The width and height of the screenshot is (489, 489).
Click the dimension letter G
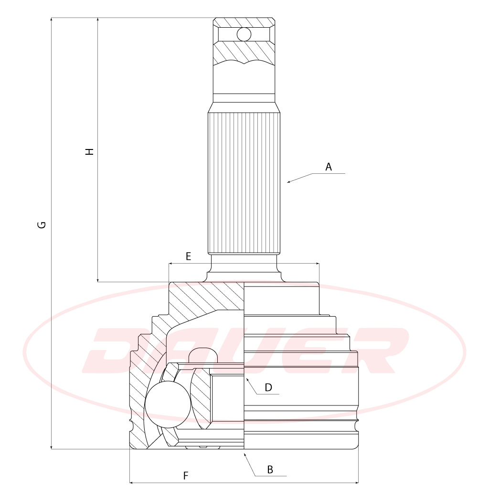tap(42, 224)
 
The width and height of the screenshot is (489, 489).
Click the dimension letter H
tap(90, 151)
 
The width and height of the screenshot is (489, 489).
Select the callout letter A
tap(329, 167)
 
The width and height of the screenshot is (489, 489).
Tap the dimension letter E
tap(188, 256)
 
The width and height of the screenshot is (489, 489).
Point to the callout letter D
tap(268, 387)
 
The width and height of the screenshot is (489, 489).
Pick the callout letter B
tap(270, 469)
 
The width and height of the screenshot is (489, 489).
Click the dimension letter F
tap(186, 476)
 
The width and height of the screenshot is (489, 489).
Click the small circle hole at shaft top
tap(244, 34)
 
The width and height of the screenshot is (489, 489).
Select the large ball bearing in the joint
tap(168, 404)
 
